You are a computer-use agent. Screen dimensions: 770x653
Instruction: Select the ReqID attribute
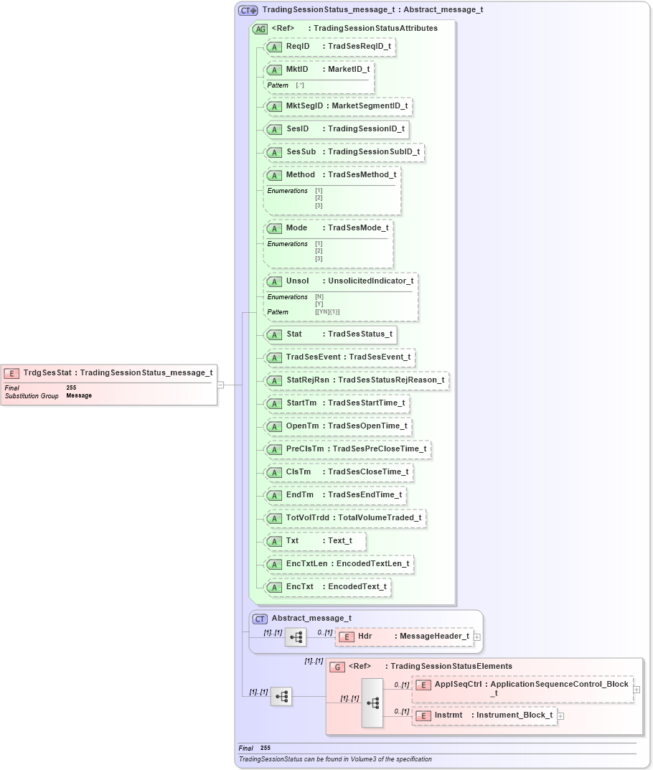pos(330,47)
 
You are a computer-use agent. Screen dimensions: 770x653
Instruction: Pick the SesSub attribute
pos(344,152)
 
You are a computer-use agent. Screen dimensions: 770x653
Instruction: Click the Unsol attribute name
pos(297,281)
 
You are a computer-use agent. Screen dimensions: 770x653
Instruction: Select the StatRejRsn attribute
pos(357,380)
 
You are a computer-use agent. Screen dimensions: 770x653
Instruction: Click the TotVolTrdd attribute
pos(345,517)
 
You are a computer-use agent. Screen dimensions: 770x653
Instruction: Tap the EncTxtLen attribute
pos(339,563)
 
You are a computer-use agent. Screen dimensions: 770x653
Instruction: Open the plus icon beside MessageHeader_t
pos(477,637)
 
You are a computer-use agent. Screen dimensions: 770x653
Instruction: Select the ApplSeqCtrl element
pos(523,688)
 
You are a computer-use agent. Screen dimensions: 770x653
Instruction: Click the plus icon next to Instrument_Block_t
pos(560,715)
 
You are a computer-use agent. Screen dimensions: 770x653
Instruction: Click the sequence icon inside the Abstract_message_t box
pos(296,637)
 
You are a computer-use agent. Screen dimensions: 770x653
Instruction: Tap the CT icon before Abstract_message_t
pos(260,619)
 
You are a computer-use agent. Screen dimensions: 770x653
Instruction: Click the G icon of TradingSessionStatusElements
pos(337,667)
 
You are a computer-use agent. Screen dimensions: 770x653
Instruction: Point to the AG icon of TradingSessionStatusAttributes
pos(260,29)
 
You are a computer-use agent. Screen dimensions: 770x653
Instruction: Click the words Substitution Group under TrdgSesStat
pos(32,396)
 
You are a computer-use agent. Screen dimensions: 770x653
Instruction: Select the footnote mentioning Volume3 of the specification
pos(335,759)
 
